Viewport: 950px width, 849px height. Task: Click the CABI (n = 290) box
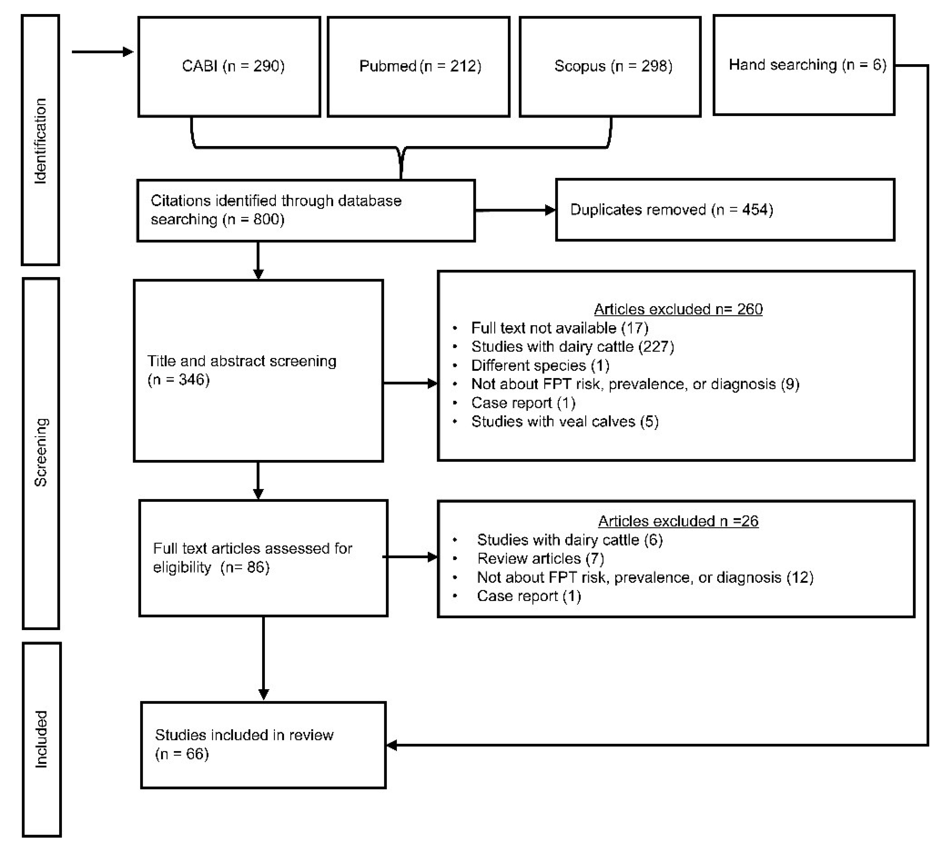tap(229, 67)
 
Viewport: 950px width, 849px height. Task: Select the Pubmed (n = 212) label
tap(420, 66)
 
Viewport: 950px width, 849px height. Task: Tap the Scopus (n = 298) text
tap(613, 66)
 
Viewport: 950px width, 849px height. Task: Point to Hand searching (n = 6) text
tap(807, 65)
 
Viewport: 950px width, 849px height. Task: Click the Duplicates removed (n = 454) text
tap(671, 210)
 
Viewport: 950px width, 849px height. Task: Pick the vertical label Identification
tap(40, 141)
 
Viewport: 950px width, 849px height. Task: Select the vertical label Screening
tap(40, 453)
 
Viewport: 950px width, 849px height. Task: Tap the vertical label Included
tap(41, 739)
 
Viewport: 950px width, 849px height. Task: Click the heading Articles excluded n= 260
tap(677, 309)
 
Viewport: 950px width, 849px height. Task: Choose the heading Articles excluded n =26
tap(677, 521)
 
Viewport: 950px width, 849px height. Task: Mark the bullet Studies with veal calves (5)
tap(564, 422)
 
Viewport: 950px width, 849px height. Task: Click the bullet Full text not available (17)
tap(559, 328)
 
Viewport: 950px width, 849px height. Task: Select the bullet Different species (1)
tap(540, 365)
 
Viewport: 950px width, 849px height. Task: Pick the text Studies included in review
tap(244, 735)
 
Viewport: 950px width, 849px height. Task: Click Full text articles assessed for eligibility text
tap(252, 558)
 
